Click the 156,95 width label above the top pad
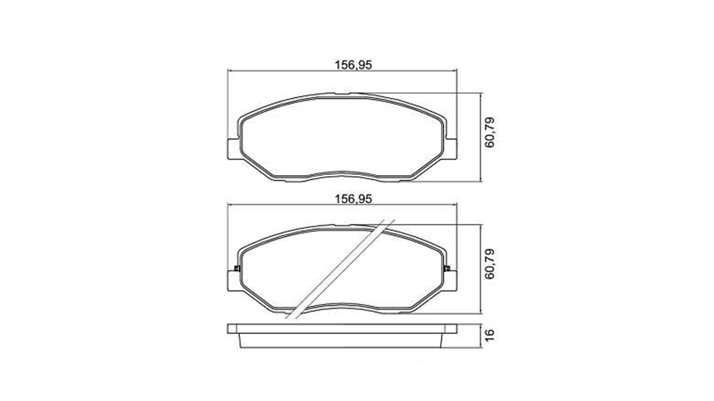tap(353, 65)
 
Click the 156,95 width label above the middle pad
tap(353, 199)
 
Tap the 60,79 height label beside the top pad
tap(489, 133)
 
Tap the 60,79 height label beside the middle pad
tap(489, 264)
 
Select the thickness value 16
tap(489, 335)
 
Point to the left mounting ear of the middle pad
tap(233, 281)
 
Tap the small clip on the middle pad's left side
tap(237, 268)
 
